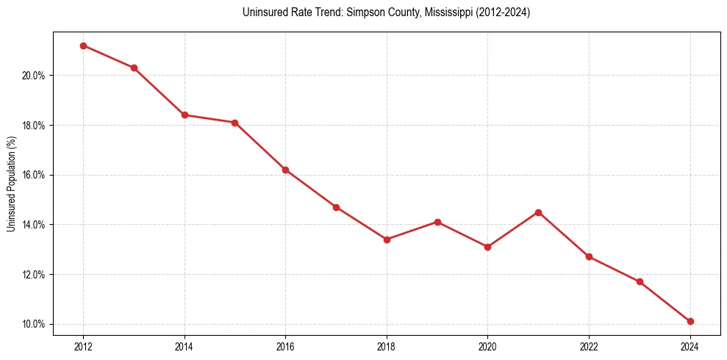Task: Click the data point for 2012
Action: tap(83, 46)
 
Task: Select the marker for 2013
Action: tap(134, 68)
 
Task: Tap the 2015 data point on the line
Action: tap(235, 123)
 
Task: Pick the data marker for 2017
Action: tap(336, 207)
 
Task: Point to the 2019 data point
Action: tap(437, 222)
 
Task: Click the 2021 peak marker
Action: tap(538, 212)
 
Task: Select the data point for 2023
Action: tap(640, 281)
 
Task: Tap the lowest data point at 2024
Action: tap(690, 321)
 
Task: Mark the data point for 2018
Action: tap(387, 240)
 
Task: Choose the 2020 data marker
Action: tap(487, 247)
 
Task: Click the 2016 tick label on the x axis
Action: tap(285, 346)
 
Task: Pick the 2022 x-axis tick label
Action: tap(589, 346)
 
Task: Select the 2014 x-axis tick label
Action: tap(185, 346)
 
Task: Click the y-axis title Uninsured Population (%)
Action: tap(12, 183)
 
